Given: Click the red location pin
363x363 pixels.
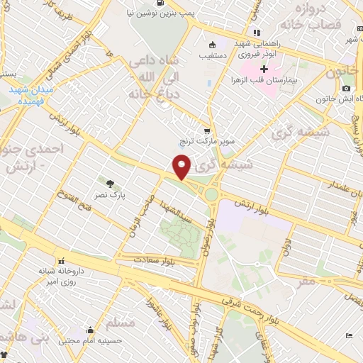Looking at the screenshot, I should coord(182,167).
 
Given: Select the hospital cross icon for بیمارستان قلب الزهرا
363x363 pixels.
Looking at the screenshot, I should coord(264,69).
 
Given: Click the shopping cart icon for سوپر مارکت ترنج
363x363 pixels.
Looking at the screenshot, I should coord(207,131).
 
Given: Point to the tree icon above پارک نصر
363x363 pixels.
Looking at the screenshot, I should coord(109,183).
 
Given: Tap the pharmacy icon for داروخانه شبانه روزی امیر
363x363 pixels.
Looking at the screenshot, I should coord(62,260).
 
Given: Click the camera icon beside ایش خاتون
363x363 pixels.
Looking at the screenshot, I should coord(346,88).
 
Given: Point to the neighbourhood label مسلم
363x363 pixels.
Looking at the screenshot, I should coord(119,323).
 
